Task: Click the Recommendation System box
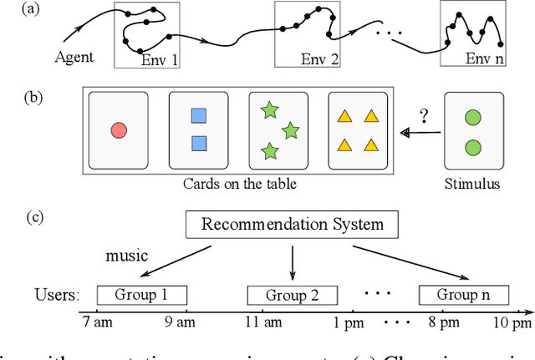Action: coord(292,224)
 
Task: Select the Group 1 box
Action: coord(140,295)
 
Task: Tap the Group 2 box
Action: coord(292,295)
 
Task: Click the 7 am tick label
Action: coord(98,323)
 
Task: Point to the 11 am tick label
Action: coord(262,323)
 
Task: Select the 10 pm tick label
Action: coord(511,323)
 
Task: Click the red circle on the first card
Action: coord(118,129)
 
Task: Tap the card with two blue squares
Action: coord(198,129)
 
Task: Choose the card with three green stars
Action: coord(278,129)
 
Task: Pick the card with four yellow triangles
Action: coord(358,129)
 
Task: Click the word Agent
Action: coord(76,57)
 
